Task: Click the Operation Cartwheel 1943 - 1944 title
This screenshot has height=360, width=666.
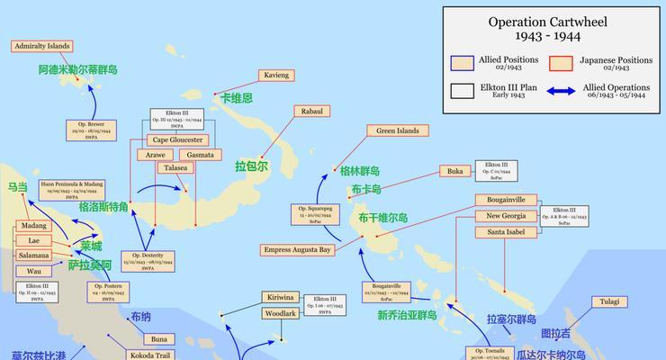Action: pos(554,30)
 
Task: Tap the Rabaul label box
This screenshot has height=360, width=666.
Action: pos(311,112)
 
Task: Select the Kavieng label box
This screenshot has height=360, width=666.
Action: pos(275,76)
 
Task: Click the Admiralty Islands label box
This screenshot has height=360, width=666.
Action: pos(42,46)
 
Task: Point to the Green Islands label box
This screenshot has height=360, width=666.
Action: pos(397,130)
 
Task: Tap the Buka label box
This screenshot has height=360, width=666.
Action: pos(454,171)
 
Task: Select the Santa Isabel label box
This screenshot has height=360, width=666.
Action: pos(506,232)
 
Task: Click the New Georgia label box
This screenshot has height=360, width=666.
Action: pos(506,216)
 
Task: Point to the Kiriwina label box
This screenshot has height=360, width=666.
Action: pos(280,298)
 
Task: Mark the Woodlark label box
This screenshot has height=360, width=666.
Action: pos(280,313)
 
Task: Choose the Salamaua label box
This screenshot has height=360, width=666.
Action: pos(34,256)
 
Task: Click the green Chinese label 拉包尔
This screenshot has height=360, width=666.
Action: pos(252,166)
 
